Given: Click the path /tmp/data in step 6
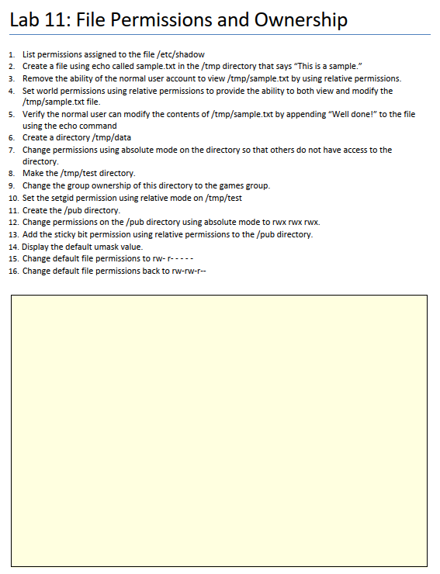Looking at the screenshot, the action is (113, 137).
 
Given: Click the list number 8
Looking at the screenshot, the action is (11, 173).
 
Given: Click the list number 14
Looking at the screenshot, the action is (13, 247).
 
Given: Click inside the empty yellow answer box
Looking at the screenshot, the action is (219, 430).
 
